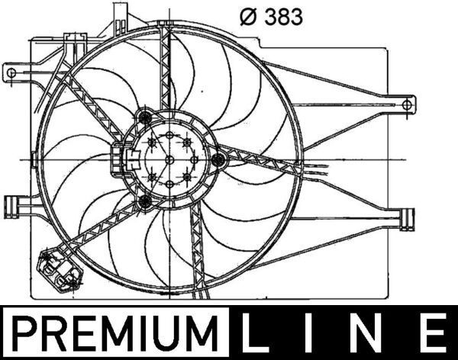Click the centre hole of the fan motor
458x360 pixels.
(169, 159)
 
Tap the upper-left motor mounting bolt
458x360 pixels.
(145, 117)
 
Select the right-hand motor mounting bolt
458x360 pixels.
(219, 159)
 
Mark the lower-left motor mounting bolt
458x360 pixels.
(144, 202)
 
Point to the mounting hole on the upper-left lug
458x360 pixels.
(11, 72)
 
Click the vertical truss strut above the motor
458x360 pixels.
(165, 69)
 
